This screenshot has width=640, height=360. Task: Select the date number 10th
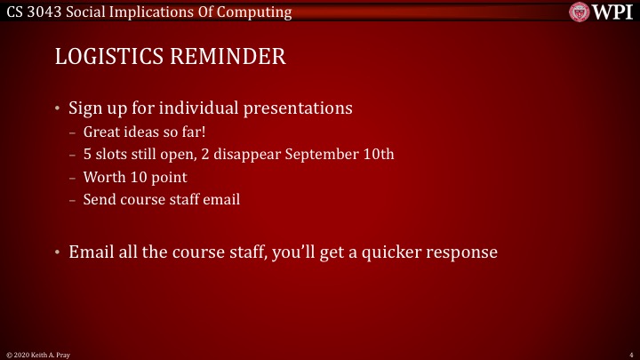pos(376,154)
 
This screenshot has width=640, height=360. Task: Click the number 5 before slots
pos(87,154)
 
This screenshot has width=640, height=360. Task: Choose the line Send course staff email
pos(161,199)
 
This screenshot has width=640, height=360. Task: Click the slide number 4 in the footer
pos(630,354)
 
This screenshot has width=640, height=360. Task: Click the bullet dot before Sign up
pos(59,109)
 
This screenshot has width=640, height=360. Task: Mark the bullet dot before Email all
pos(59,252)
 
